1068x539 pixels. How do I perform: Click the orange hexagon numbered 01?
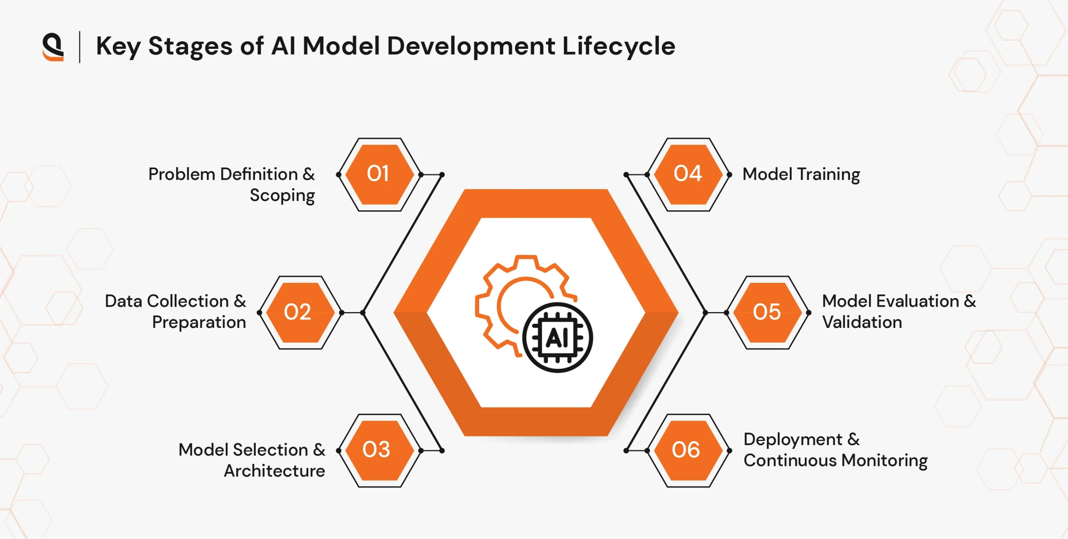click(379, 174)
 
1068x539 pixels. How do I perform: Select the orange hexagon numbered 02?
click(300, 312)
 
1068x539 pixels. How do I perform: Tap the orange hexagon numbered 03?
click(379, 451)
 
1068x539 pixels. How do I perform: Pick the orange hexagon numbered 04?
click(688, 174)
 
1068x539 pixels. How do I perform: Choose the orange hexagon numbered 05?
click(768, 312)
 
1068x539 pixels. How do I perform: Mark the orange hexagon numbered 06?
click(688, 451)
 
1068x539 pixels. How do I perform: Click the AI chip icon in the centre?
click(557, 338)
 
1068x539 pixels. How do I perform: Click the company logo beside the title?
click(53, 47)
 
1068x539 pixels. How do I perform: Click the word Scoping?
click(282, 196)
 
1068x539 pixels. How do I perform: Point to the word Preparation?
click(199, 322)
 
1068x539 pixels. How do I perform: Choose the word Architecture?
click(275, 471)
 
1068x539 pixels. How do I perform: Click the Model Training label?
click(801, 175)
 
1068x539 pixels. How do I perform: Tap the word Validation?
click(862, 322)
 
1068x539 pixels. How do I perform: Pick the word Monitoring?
click(884, 461)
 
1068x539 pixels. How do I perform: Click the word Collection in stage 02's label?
click(188, 301)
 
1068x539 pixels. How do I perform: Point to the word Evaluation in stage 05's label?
click(917, 301)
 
